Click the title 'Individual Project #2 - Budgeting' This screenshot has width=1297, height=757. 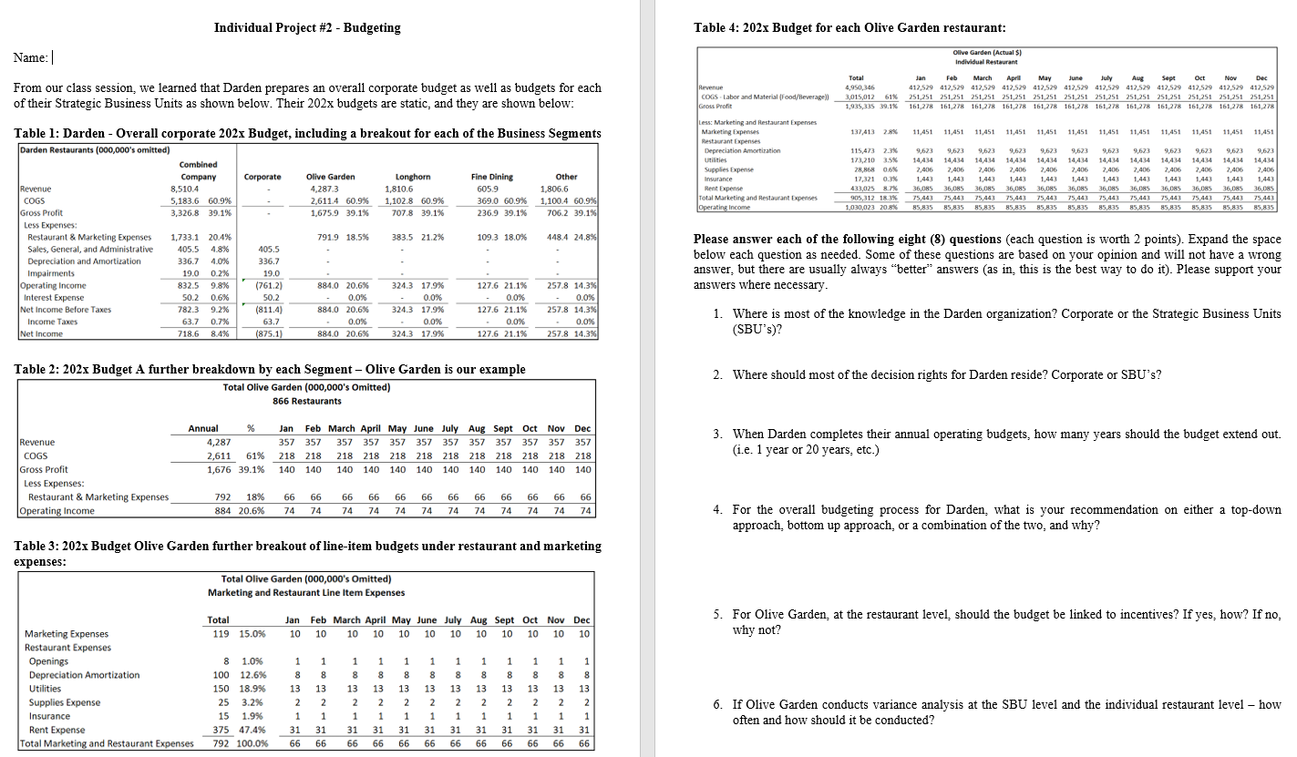[307, 27]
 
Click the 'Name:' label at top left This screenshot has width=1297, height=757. [30, 58]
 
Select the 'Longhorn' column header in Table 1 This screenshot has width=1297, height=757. [419, 177]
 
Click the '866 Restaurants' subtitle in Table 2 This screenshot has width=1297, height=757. [306, 401]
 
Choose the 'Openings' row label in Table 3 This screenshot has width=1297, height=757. [48, 661]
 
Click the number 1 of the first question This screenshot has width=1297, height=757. [717, 313]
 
